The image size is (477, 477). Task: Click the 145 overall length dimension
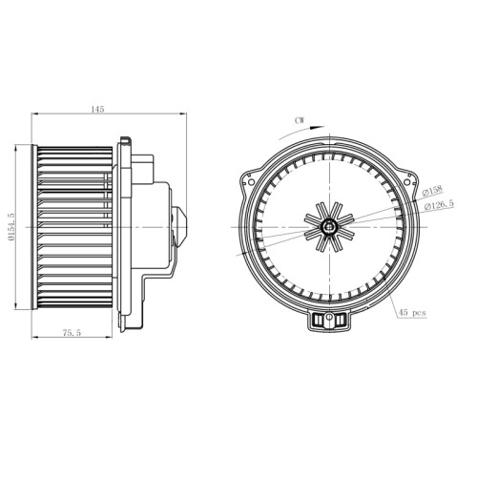97,109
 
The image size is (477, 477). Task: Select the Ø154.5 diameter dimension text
11,227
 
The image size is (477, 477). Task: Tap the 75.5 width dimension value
72,333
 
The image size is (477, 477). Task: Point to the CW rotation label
300,120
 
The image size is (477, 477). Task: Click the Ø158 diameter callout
432,191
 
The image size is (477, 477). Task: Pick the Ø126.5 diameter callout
440,204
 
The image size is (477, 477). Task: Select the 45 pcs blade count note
412,313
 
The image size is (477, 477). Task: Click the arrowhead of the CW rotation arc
318,128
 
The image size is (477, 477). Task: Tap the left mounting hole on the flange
251,182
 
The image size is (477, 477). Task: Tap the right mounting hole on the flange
406,182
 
